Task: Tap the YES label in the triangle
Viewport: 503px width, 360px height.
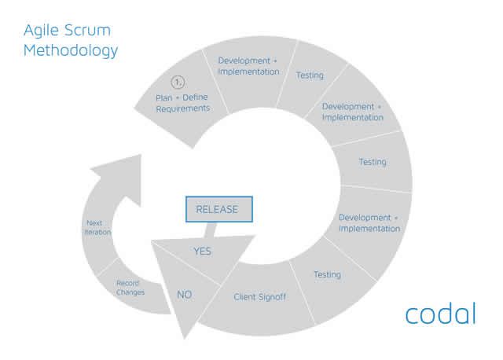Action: pyautogui.click(x=202, y=252)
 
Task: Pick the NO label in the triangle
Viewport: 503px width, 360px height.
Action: pyautogui.click(x=184, y=295)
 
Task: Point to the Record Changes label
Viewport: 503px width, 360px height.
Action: pyautogui.click(x=130, y=288)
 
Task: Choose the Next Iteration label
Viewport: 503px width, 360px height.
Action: pyautogui.click(x=98, y=228)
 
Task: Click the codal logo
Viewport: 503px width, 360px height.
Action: pyautogui.click(x=440, y=313)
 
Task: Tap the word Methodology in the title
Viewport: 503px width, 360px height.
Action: pyautogui.click(x=71, y=52)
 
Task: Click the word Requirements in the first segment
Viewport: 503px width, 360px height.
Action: pyautogui.click(x=182, y=108)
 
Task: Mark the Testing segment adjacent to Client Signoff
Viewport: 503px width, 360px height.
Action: pyautogui.click(x=327, y=274)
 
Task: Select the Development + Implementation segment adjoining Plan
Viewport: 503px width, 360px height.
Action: pyautogui.click(x=248, y=66)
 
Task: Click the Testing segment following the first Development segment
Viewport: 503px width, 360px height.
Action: pyautogui.click(x=310, y=75)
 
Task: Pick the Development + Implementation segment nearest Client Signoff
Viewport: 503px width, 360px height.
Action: pyautogui.click(x=369, y=222)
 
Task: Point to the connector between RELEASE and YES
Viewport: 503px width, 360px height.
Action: pyautogui.click(x=211, y=229)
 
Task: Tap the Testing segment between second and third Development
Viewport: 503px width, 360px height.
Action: pyautogui.click(x=372, y=162)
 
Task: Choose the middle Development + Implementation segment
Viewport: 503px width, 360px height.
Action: pyautogui.click(x=352, y=112)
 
